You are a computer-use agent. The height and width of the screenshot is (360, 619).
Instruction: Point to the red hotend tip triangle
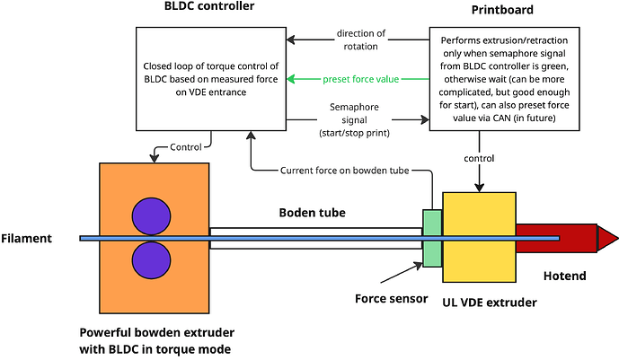(x=608, y=238)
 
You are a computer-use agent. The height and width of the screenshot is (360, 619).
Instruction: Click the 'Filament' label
(x=29, y=238)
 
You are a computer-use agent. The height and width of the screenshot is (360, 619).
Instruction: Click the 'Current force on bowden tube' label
(x=348, y=170)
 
